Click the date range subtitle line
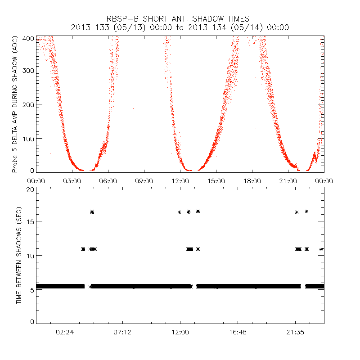[180, 27]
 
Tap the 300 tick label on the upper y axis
[29, 70]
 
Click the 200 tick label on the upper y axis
[29, 104]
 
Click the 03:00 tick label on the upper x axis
[72, 180]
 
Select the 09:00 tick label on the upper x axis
[144, 180]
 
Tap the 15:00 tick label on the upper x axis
[216, 180]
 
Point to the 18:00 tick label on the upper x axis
[252, 180]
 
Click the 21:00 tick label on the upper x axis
[288, 180]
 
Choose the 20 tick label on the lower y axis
[31, 189]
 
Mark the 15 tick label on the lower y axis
[31, 221]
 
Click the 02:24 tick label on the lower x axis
[65, 332]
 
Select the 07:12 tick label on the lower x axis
[122, 332]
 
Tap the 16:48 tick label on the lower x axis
[238, 332]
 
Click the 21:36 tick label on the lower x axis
[295, 332]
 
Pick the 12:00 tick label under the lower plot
[180, 332]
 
